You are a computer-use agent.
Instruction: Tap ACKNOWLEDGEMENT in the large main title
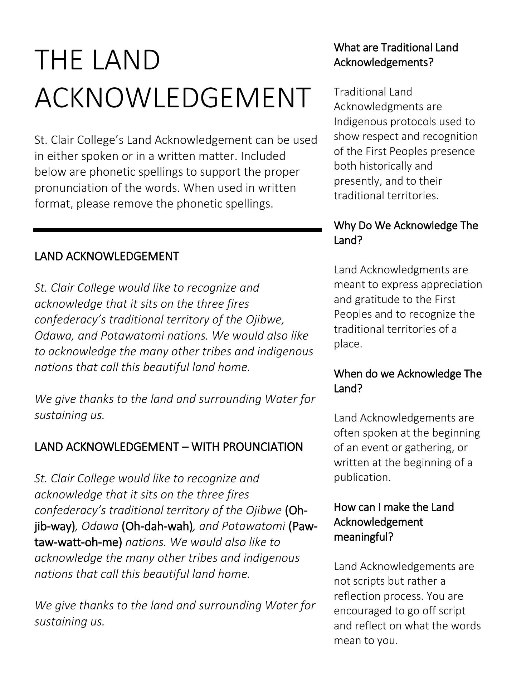pos(172,97)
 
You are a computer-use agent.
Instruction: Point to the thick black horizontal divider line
pos(177,230)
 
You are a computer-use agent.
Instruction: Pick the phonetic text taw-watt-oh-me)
pos(78,542)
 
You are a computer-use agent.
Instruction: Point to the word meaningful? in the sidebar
pos(364,537)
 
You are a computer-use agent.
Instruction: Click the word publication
pos(362,477)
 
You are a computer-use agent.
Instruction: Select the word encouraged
pos(365,611)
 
